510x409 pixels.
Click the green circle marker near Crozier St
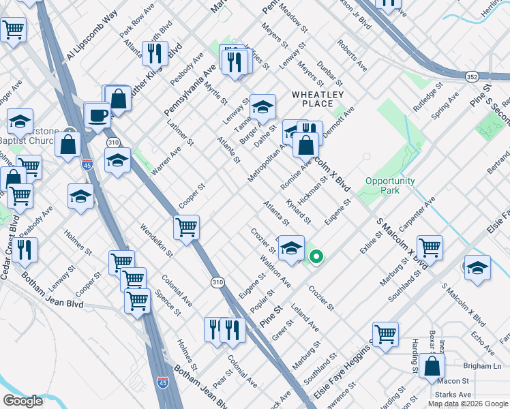pyautogui.click(x=316, y=257)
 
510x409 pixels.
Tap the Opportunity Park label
pyautogui.click(x=391, y=185)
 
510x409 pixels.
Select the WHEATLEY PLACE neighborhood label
pyautogui.click(x=318, y=99)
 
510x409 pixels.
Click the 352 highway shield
pyautogui.click(x=472, y=77)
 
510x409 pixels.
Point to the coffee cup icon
pyautogui.click(x=97, y=114)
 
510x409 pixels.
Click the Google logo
pyautogui.click(x=22, y=401)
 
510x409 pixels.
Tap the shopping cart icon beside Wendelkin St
pyautogui.click(x=185, y=228)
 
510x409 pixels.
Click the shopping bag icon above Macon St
pyautogui.click(x=432, y=366)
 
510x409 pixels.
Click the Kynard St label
pyautogui.click(x=299, y=212)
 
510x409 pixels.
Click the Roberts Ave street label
pyautogui.click(x=352, y=55)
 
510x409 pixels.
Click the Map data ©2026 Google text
pyautogui.click(x=467, y=404)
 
